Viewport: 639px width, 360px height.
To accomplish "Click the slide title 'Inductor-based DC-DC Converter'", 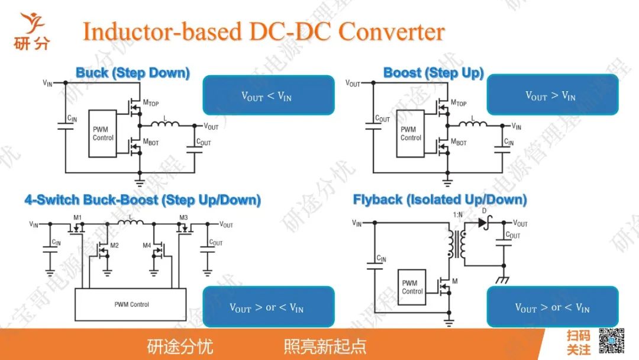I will pyautogui.click(x=263, y=31).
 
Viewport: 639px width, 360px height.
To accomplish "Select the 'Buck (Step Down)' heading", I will pyautogui.click(x=133, y=73).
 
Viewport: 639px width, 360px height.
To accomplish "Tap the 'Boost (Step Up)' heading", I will pyautogui.click(x=433, y=73).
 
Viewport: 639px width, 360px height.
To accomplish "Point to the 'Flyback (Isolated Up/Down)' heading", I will pyautogui.click(x=440, y=200).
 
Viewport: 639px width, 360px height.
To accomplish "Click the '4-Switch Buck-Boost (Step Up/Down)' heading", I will pyautogui.click(x=143, y=200).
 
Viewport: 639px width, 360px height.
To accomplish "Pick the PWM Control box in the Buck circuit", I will pyautogui.click(x=103, y=134).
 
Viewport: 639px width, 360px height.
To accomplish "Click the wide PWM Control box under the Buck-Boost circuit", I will pyautogui.click(x=131, y=304).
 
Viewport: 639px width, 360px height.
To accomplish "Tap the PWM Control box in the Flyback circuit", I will pyautogui.click(x=412, y=287).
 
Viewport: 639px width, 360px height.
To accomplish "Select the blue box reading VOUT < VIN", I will pyautogui.click(x=269, y=95).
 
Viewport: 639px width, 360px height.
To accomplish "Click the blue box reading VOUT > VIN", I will pyautogui.click(x=552, y=95).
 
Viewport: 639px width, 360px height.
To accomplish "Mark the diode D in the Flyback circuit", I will pyautogui.click(x=483, y=223).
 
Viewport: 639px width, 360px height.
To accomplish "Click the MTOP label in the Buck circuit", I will pyautogui.click(x=151, y=103).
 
